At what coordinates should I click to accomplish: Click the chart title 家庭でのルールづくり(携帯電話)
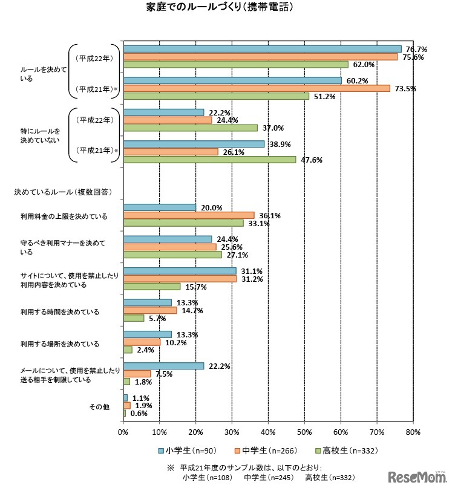[227, 8]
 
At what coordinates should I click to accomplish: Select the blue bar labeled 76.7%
[262, 49]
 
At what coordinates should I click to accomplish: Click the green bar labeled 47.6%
[209, 160]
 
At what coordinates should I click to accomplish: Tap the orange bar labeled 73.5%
[257, 88]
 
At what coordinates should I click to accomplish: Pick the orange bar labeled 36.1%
[189, 215]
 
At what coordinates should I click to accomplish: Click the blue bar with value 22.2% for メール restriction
[163, 366]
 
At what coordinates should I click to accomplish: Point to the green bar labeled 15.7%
[152, 287]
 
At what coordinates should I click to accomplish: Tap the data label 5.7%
[157, 319]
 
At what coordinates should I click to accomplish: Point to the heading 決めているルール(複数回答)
[63, 192]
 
